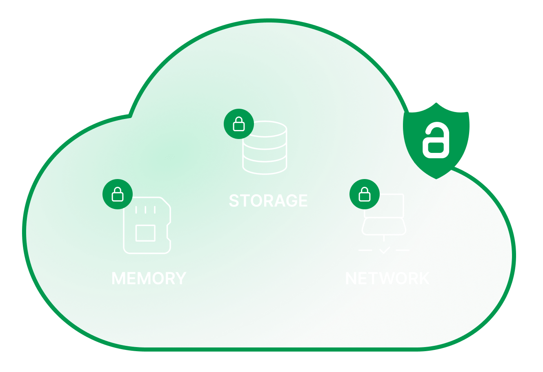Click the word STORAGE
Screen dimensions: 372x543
pos(268,201)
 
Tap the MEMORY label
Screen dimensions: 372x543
pos(149,278)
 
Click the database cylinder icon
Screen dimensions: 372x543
pos(265,148)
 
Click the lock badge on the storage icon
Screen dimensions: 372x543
pos(239,124)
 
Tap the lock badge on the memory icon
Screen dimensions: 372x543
pos(118,194)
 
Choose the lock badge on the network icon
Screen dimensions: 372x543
pos(365,194)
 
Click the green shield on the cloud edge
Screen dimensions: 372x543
pos(436,141)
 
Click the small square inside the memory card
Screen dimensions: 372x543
pos(145,233)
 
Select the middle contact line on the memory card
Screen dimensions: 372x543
pos(145,210)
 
